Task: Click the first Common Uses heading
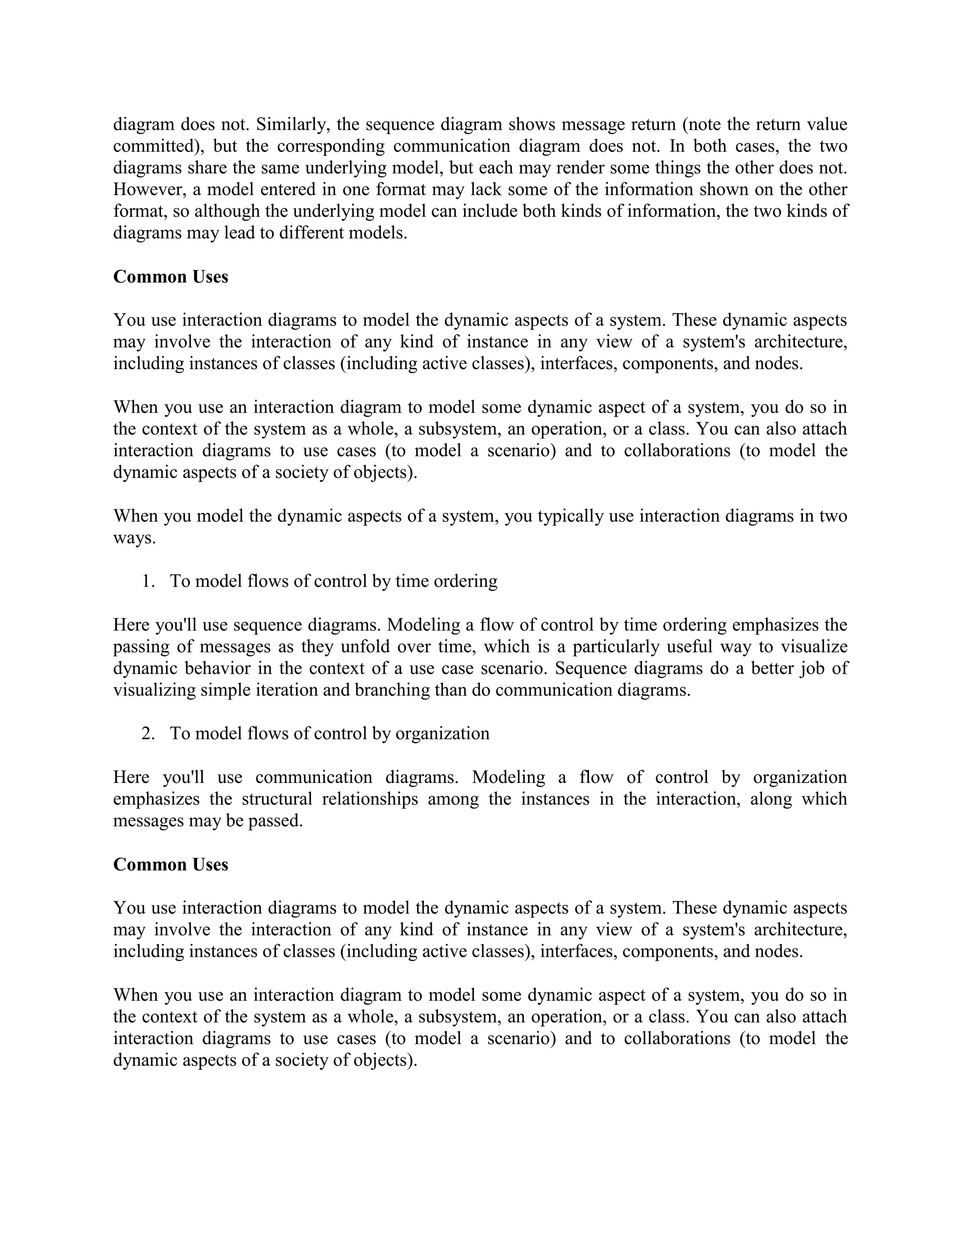[x=170, y=277]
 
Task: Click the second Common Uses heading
[x=170, y=865]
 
